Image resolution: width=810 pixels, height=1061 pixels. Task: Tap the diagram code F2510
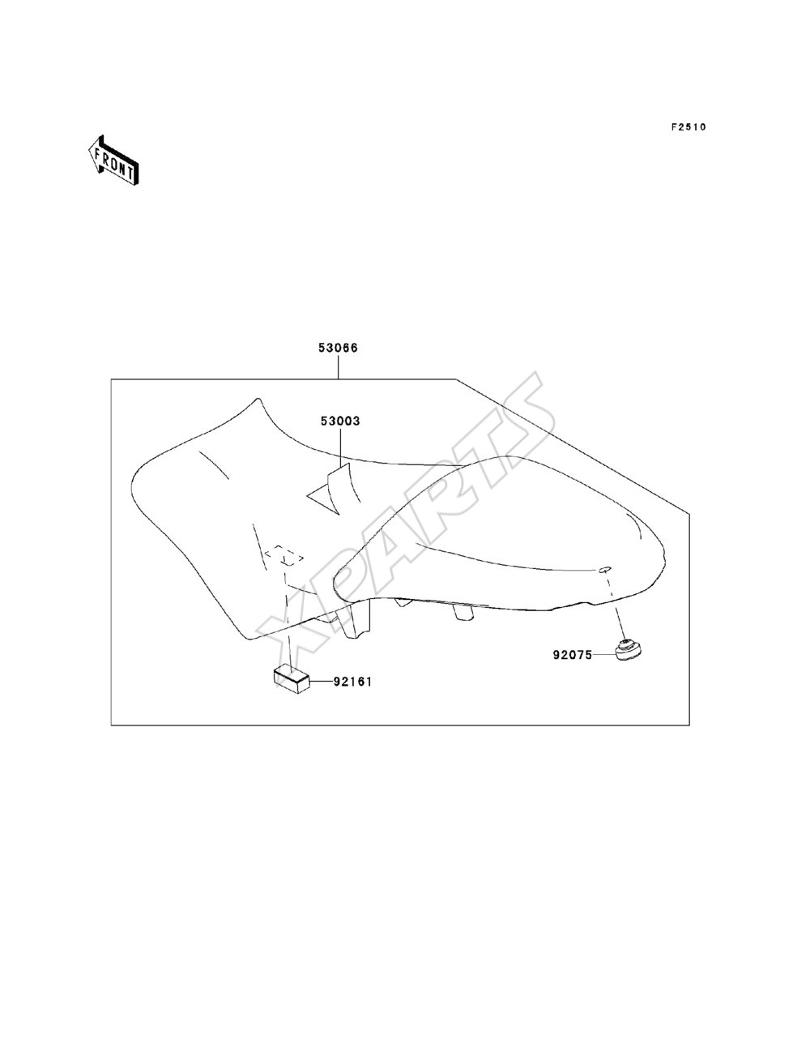(x=688, y=127)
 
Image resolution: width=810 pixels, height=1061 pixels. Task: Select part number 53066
(x=338, y=348)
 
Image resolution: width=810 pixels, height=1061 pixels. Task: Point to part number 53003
(x=340, y=421)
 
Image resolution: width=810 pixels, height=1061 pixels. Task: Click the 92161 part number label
(x=352, y=682)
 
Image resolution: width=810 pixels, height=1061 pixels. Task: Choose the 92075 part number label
(x=573, y=656)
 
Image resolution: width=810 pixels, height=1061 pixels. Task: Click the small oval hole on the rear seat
(x=605, y=569)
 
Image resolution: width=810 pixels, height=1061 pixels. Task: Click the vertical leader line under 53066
(x=338, y=367)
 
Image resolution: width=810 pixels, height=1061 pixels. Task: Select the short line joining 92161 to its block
(x=321, y=682)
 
